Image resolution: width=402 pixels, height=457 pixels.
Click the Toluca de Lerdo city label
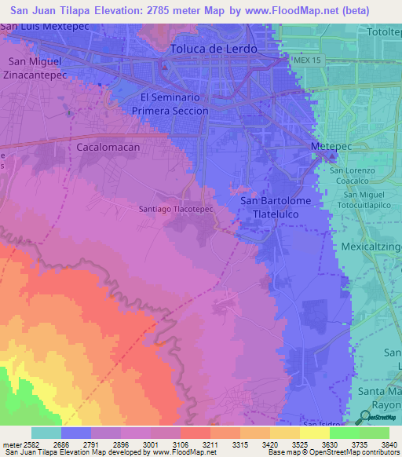(214, 49)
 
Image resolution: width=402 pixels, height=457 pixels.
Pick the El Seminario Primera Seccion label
(174, 104)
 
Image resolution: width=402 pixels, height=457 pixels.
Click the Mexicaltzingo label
(371, 247)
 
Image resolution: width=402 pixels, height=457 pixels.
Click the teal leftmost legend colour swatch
(46, 433)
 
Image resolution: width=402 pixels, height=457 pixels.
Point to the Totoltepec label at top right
(384, 33)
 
